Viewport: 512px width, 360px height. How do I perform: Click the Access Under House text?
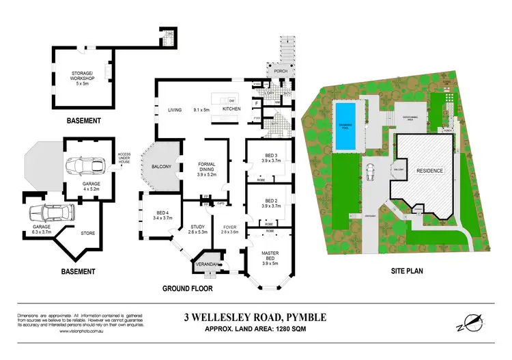click(124, 158)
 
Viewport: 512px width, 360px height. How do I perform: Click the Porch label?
click(280, 70)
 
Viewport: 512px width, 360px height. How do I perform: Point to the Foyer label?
click(229, 228)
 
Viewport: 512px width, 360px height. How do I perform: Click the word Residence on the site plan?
click(430, 171)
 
